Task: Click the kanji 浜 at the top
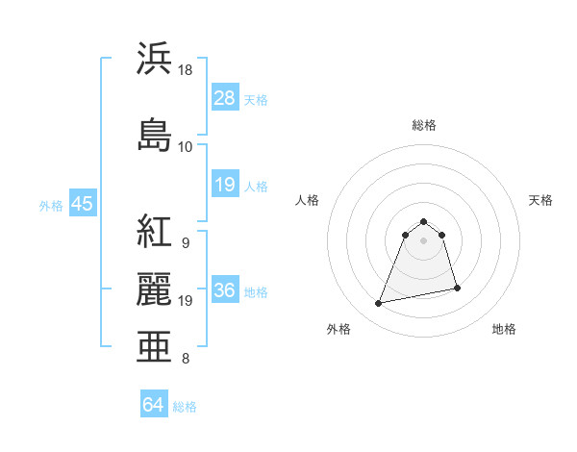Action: pos(155,59)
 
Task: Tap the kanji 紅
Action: pos(155,232)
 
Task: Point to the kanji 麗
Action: pos(155,289)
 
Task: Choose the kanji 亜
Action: pos(155,346)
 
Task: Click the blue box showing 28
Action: pos(225,98)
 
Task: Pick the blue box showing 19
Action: pos(225,185)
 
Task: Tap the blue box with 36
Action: pos(225,290)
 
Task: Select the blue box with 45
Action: pos(82,204)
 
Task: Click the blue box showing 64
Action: pos(154,405)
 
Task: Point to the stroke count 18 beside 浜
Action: pos(186,70)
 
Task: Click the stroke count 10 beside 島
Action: pos(186,147)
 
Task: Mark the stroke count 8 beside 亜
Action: pos(185,360)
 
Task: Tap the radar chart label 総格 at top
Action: pos(424,125)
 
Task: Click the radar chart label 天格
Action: pos(541,200)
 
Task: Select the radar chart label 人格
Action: pos(308,200)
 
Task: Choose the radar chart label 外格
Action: pos(339,329)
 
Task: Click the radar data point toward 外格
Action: pos(379,304)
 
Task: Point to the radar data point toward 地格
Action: pos(457,289)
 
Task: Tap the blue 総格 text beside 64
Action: pos(185,407)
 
